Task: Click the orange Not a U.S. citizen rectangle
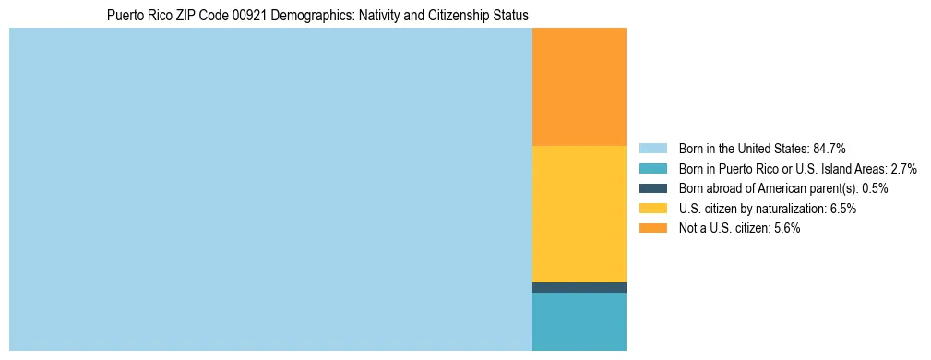click(x=579, y=87)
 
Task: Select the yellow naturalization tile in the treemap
click(x=579, y=213)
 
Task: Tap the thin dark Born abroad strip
click(x=579, y=287)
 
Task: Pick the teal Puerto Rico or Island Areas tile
click(x=579, y=321)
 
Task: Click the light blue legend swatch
click(x=652, y=148)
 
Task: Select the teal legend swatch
click(x=652, y=168)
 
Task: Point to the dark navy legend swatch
click(x=652, y=188)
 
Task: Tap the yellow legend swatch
click(x=652, y=209)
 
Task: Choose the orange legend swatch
click(x=652, y=229)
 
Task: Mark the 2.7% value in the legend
click(x=903, y=168)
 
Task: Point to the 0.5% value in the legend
click(x=875, y=188)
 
